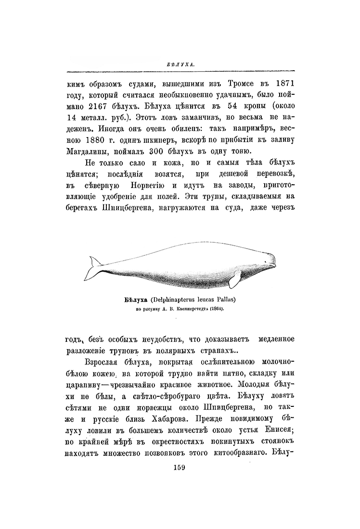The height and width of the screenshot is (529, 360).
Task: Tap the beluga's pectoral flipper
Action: coord(235,277)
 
